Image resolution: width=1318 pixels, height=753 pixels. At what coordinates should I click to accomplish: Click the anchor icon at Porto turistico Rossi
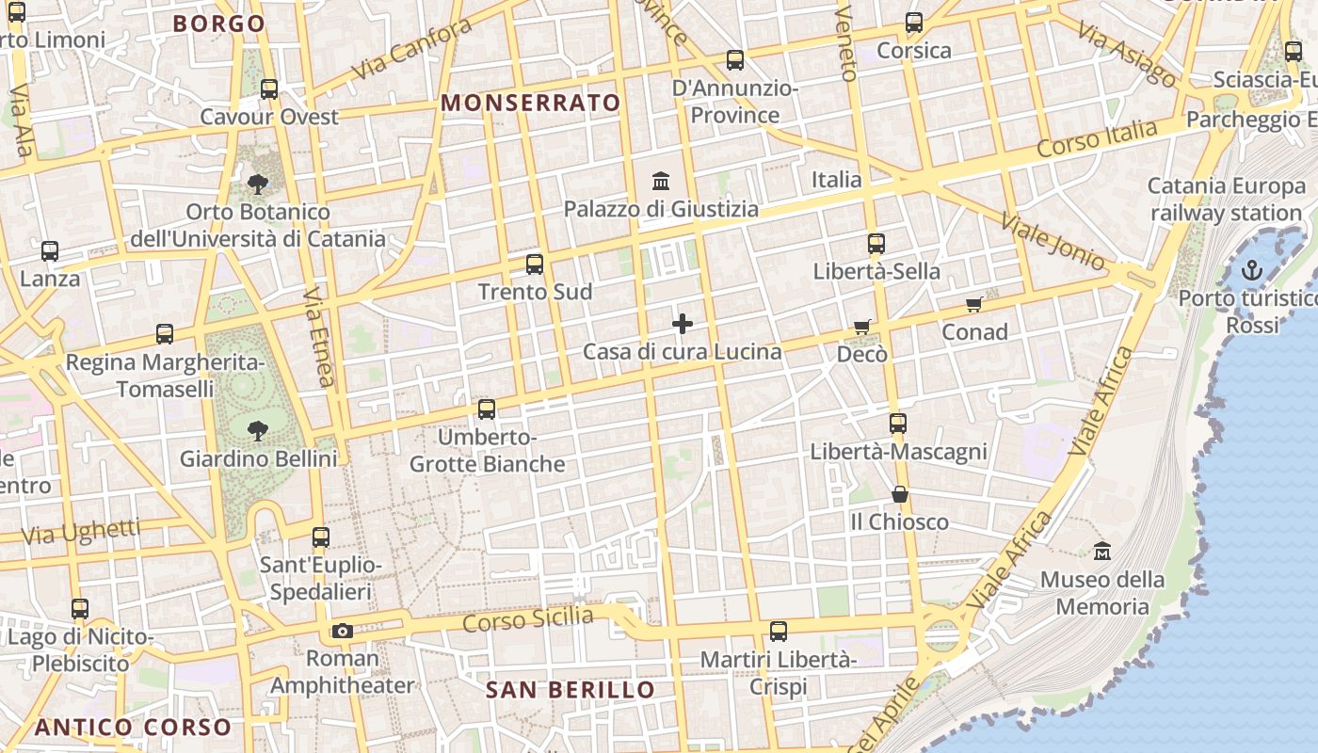click(x=1251, y=271)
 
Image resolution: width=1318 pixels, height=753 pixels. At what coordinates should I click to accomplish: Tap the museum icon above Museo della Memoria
click(x=1102, y=551)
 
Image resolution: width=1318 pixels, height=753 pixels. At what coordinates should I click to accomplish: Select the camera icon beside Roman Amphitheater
click(x=343, y=631)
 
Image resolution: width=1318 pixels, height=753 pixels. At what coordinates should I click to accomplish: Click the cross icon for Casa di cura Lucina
click(x=683, y=325)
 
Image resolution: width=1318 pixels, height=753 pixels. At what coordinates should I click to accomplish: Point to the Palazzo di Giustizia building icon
click(x=661, y=181)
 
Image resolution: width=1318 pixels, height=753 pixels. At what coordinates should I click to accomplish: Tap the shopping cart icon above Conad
click(x=974, y=304)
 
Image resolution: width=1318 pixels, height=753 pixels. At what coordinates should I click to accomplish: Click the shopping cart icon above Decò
click(x=861, y=327)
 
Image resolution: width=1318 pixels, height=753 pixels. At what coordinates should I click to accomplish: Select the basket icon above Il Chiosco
click(x=900, y=494)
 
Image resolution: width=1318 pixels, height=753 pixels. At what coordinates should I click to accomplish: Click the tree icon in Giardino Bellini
click(x=257, y=431)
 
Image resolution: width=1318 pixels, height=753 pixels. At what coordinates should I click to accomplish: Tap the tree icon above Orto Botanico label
click(x=257, y=184)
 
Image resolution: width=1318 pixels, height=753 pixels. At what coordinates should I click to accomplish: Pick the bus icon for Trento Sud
click(x=535, y=264)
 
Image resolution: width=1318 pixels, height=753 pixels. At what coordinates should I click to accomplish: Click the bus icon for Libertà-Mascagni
click(x=897, y=424)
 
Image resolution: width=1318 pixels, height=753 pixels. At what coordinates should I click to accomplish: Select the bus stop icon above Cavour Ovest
click(x=269, y=89)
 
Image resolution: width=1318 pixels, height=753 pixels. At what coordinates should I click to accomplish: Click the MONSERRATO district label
click(x=531, y=104)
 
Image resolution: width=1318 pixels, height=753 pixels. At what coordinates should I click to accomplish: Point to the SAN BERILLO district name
click(x=570, y=690)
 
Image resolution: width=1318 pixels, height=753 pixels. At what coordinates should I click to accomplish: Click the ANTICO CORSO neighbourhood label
click(x=133, y=728)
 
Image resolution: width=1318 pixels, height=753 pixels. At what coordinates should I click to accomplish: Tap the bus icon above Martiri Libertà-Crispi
click(x=779, y=632)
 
